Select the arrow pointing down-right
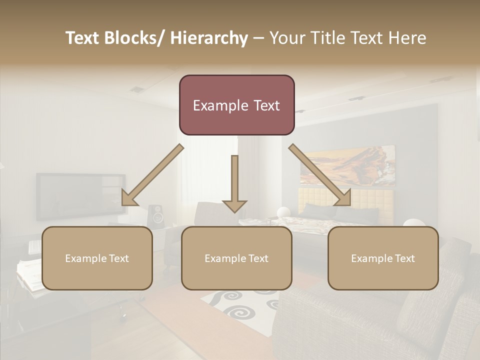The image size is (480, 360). [320, 175]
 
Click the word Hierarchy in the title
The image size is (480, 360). [209, 38]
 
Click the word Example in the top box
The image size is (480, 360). [213, 105]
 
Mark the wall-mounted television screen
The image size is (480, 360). [80, 196]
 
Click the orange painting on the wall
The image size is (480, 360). [347, 165]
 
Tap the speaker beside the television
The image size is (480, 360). [157, 215]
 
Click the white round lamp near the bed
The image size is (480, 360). [283, 212]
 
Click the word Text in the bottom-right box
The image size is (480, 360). [404, 258]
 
